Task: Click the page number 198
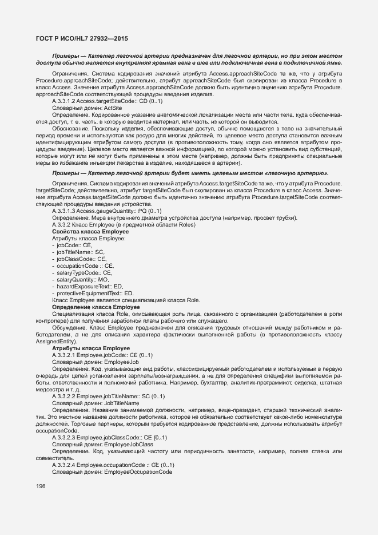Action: (x=41, y=486)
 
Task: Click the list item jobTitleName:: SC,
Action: (x=80, y=251)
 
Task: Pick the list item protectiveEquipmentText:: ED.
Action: (x=92, y=293)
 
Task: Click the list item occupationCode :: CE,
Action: (x=85, y=265)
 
